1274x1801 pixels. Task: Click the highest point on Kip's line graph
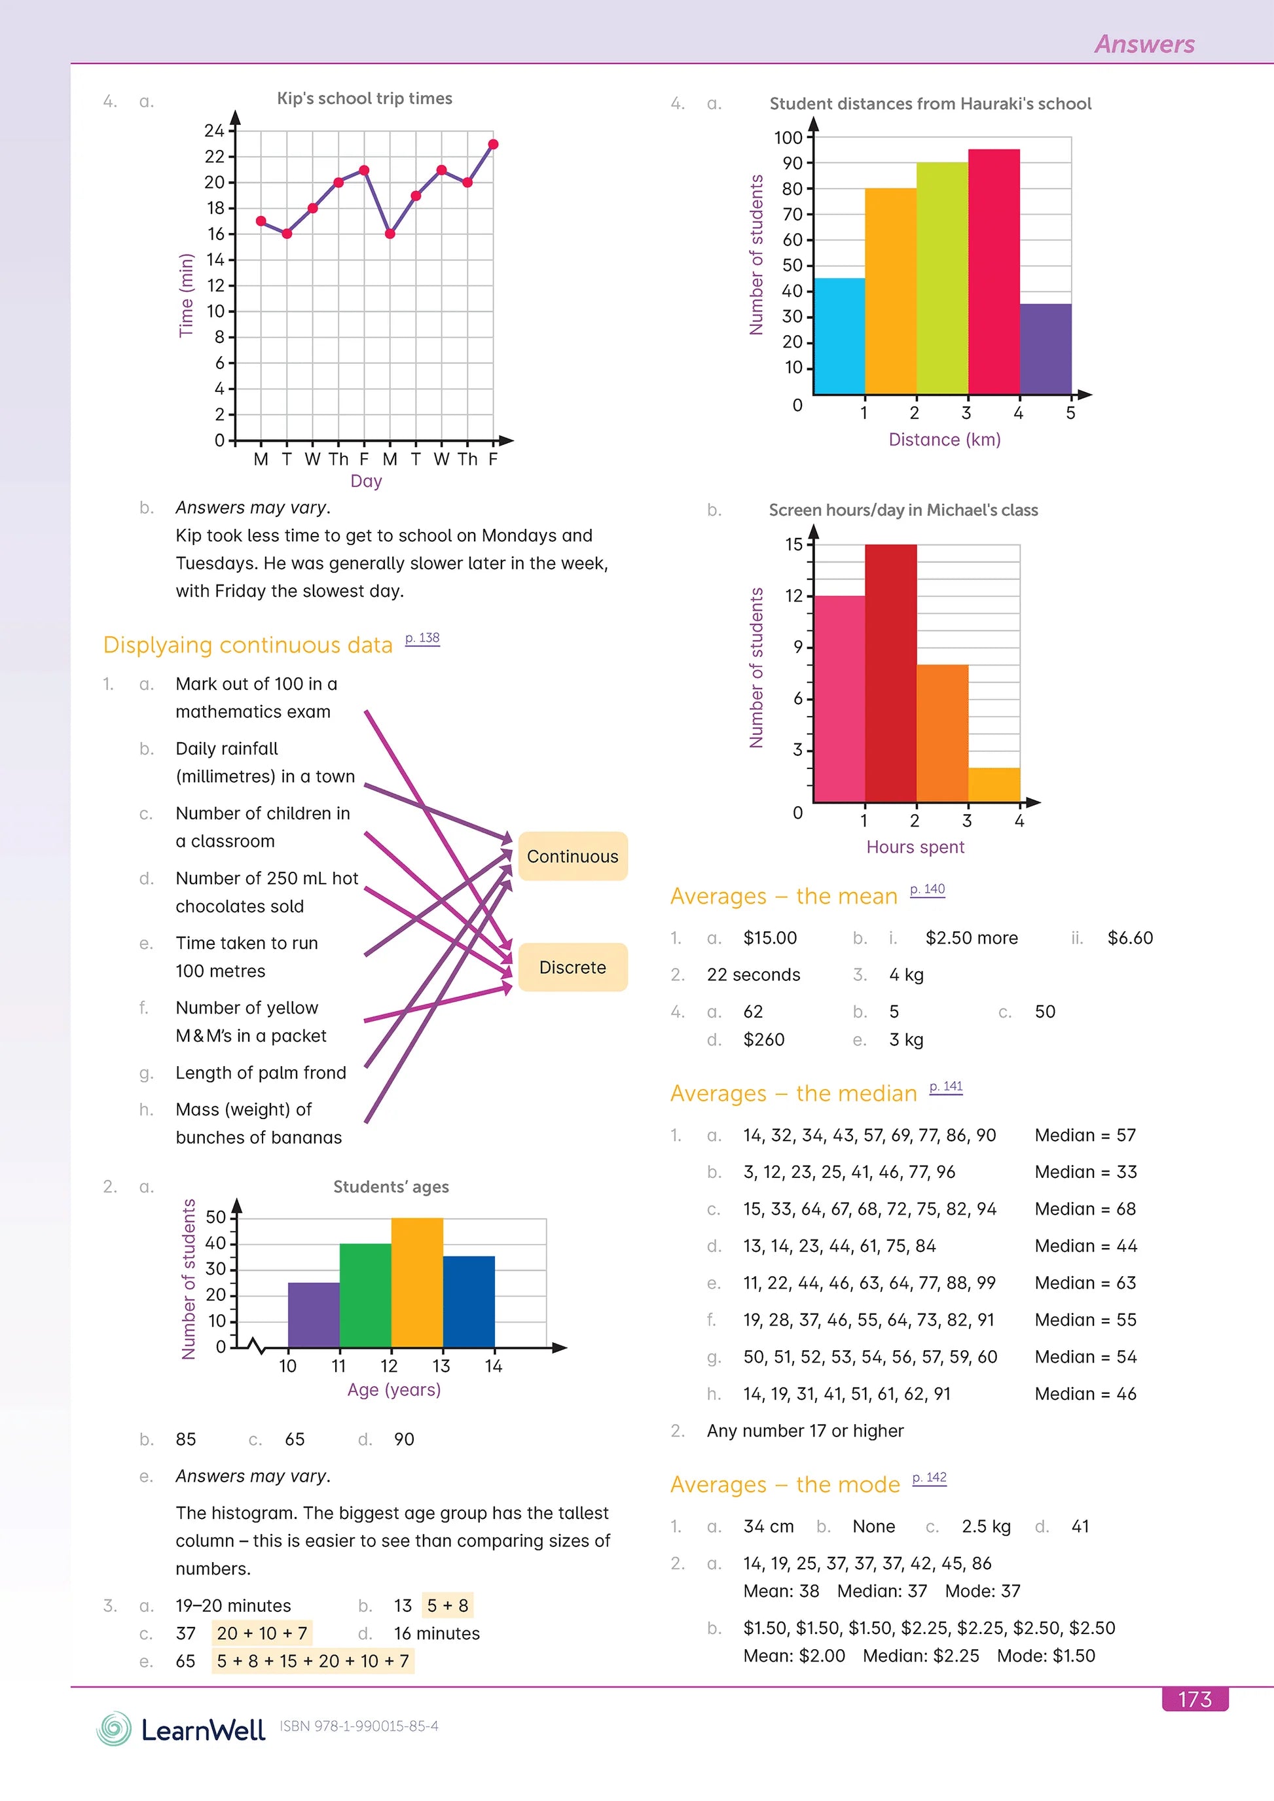click(x=493, y=145)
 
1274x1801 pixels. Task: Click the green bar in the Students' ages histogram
click(x=365, y=1295)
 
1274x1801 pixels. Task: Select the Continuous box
click(x=573, y=856)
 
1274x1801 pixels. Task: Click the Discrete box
click(x=573, y=967)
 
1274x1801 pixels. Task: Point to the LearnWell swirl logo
click(x=115, y=1728)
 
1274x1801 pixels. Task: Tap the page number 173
click(x=1194, y=1699)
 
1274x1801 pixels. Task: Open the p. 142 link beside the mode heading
click(x=929, y=1477)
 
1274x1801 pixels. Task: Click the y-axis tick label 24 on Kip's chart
click(x=214, y=130)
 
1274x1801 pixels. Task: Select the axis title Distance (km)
click(x=944, y=439)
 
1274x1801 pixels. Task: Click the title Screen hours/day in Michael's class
click(x=903, y=510)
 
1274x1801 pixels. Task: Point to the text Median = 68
click(x=1085, y=1209)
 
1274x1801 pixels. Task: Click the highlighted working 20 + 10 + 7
click(x=262, y=1633)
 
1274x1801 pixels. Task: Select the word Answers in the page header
click(x=1144, y=44)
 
